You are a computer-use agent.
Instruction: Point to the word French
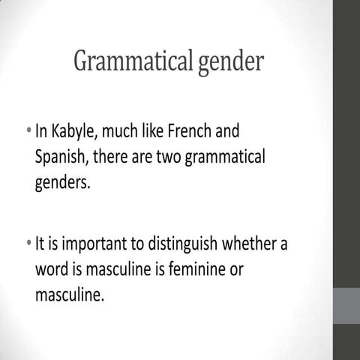click(x=189, y=133)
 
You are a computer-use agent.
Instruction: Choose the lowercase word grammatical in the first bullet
click(x=229, y=159)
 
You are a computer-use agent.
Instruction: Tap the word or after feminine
click(x=235, y=269)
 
